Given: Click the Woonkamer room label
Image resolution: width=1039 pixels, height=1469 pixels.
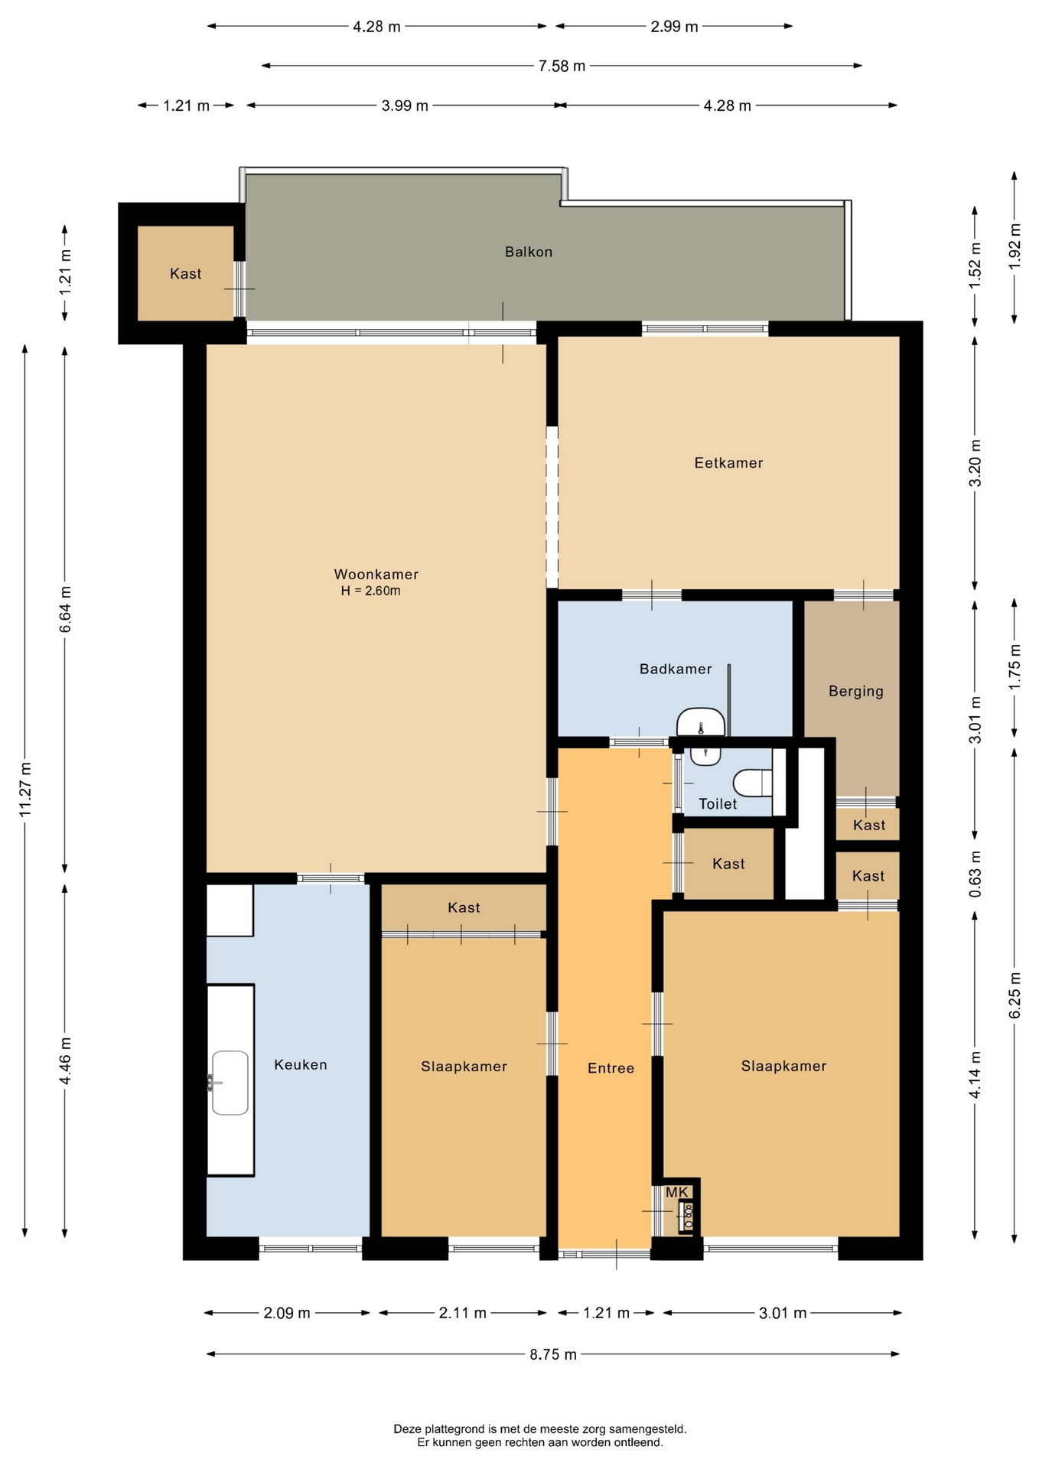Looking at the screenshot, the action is click(376, 575).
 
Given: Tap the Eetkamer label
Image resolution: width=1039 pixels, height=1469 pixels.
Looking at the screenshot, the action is click(728, 463).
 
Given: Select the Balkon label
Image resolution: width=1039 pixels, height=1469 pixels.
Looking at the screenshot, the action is click(529, 252).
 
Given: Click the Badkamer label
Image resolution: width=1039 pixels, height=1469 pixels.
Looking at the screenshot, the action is click(676, 669).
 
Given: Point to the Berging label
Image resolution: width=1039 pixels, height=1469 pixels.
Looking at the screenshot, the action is click(856, 692).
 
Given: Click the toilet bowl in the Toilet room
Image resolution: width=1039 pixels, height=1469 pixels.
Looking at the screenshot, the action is click(753, 783).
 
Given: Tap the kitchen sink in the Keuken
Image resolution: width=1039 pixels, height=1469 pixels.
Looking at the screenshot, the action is click(230, 1083).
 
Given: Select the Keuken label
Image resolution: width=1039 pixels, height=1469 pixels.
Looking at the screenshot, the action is click(301, 1065).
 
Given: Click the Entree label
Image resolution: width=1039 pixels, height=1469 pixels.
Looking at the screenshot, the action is click(611, 1068).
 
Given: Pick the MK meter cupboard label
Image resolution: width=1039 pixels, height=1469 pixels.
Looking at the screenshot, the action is click(677, 1192).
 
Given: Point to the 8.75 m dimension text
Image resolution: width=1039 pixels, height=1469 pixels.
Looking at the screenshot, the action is click(553, 1354).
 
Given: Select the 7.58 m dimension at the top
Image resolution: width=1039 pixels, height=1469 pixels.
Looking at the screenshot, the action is click(562, 66).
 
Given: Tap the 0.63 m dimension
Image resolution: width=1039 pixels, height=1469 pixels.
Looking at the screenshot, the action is click(975, 875).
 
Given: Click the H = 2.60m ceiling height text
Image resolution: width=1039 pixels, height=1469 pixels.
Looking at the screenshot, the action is click(371, 591).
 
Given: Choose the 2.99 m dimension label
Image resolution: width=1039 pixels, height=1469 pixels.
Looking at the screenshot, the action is click(674, 27).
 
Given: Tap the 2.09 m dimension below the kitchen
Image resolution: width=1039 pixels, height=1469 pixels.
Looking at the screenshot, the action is click(287, 1313).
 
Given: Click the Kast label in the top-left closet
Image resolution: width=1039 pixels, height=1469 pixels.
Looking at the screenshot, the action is click(186, 274).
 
